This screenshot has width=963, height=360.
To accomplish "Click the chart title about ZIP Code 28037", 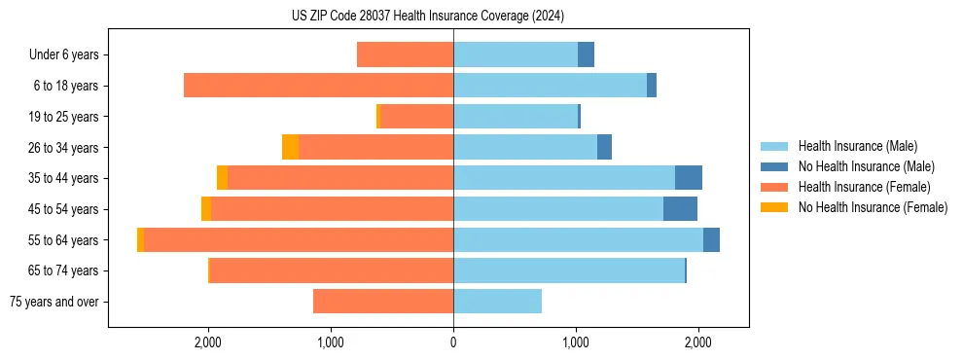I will pyautogui.click(x=427, y=17).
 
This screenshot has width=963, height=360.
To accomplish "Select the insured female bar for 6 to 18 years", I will pyautogui.click(x=318, y=86).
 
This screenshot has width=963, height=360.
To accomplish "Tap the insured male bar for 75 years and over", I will pyautogui.click(x=497, y=302).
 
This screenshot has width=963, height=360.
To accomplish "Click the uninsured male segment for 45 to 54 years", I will pyautogui.click(x=680, y=209).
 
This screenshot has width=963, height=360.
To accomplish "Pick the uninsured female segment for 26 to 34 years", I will pyautogui.click(x=290, y=147).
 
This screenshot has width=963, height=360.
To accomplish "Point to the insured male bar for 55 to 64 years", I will pyautogui.click(x=578, y=240).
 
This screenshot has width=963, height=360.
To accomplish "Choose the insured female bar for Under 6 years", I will pyautogui.click(x=405, y=54).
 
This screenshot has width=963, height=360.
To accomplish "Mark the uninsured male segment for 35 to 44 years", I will pyautogui.click(x=689, y=178).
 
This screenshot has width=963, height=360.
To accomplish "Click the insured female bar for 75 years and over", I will pyautogui.click(x=383, y=302).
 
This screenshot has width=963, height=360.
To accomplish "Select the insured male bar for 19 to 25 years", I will pyautogui.click(x=516, y=117).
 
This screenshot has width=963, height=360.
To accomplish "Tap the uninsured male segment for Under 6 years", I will pyautogui.click(x=586, y=54).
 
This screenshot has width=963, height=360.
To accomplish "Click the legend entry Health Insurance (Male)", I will pyautogui.click(x=856, y=146).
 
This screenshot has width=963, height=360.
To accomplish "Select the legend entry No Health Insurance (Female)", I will pyautogui.click(x=873, y=207).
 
